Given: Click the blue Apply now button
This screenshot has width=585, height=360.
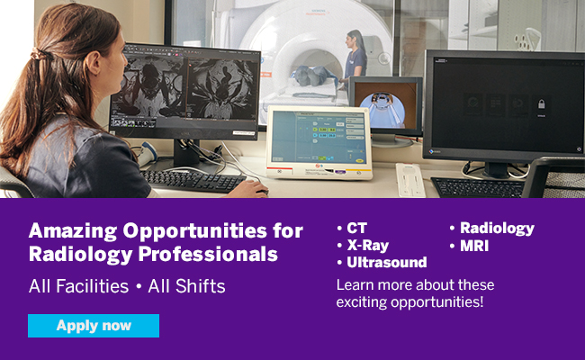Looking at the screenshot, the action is [x=94, y=326].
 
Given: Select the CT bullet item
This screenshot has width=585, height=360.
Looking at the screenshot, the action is [x=352, y=228].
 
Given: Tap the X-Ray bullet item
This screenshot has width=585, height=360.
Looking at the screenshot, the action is [x=363, y=246].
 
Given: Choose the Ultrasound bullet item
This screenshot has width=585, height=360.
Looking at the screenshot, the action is [x=382, y=262].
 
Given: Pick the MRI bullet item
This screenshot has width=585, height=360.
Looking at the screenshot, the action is [x=469, y=246].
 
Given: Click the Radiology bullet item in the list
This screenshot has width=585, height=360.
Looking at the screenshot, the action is [x=492, y=229].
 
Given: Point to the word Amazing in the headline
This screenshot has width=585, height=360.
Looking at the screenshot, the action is [x=73, y=231].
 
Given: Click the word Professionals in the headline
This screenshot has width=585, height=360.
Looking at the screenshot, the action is [x=208, y=255].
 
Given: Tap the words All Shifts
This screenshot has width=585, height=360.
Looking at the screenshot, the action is [x=186, y=286].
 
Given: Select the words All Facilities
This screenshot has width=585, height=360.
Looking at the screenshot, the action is [x=78, y=286].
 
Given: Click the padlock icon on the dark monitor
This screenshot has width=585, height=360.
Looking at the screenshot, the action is [x=541, y=104].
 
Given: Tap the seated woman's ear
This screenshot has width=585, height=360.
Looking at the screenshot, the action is [x=94, y=62].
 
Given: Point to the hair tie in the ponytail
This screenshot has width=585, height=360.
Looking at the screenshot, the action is [x=38, y=55].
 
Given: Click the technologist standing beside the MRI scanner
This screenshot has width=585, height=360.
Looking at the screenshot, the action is [x=355, y=56].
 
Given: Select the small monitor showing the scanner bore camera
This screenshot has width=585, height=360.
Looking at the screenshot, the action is [x=386, y=106].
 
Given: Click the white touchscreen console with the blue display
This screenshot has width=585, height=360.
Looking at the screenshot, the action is [x=319, y=142].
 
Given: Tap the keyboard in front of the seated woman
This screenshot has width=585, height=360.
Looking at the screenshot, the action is [x=193, y=181].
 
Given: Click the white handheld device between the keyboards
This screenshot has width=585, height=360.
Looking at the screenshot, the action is [x=409, y=180].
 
